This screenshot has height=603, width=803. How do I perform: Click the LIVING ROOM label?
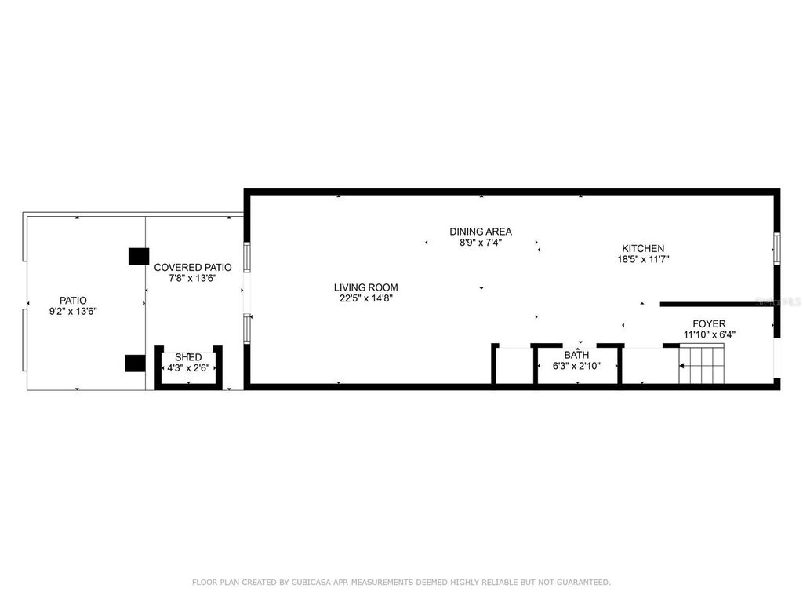(x=365, y=287)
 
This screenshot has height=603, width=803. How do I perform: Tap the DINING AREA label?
(x=481, y=232)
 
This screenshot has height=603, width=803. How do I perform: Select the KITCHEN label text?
(x=643, y=249)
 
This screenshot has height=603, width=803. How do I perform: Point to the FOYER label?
(x=709, y=324)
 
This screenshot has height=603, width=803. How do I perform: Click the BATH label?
(x=576, y=355)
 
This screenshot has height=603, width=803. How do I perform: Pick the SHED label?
(x=188, y=357)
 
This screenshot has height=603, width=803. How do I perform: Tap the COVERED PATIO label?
(x=193, y=268)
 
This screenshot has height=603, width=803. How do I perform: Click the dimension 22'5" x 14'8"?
(x=365, y=298)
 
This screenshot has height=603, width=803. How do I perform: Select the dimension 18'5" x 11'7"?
(x=643, y=259)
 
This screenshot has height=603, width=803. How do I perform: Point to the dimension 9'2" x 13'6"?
(x=73, y=311)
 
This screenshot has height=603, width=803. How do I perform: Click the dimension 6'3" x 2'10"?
(x=576, y=366)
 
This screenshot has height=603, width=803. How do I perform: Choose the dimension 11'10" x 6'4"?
(x=709, y=334)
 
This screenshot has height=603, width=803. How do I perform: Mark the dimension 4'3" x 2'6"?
(x=188, y=368)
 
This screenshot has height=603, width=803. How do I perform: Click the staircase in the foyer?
(x=702, y=364)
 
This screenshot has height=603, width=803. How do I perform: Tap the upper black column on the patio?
(x=138, y=257)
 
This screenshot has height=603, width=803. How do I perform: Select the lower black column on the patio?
(x=135, y=363)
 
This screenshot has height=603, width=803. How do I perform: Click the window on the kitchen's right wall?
(x=777, y=249)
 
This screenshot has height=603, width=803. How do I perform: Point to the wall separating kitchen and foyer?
(x=717, y=305)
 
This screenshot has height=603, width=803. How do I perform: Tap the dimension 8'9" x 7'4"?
(x=481, y=243)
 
